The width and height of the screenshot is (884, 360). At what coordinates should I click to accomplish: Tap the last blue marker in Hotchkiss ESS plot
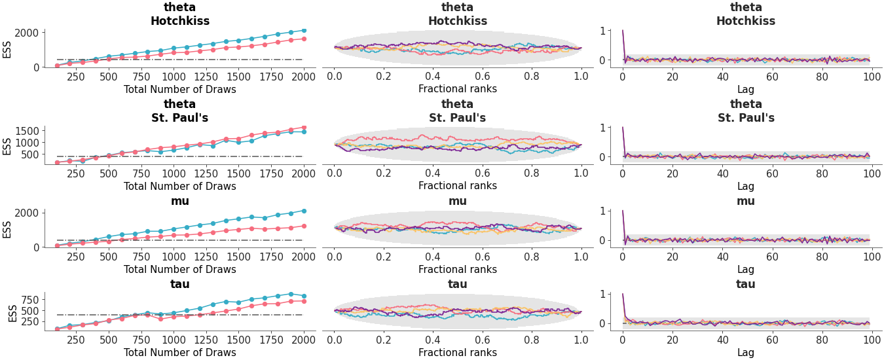coord(304,30)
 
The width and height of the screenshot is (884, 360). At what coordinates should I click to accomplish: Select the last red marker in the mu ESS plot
coord(304,226)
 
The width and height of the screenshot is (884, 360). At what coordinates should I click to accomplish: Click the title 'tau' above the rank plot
coord(458,284)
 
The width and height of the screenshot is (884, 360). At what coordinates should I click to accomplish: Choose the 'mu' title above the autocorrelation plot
coord(746,201)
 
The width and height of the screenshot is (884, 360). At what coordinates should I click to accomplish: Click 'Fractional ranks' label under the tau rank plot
coord(458,352)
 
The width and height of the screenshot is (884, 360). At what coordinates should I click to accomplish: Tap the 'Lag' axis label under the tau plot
coord(746,352)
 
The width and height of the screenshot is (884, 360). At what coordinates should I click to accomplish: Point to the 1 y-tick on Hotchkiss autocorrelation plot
coord(606,30)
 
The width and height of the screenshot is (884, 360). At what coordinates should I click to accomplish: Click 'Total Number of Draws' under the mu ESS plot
coord(180,269)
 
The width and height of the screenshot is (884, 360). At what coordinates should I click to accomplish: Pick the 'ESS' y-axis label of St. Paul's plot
coord(7,145)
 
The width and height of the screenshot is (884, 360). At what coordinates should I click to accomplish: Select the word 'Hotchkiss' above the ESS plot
coord(180,21)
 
